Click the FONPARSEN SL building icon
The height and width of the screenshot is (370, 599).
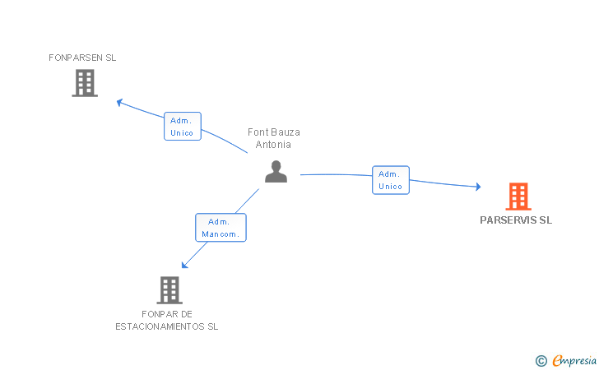[85, 83]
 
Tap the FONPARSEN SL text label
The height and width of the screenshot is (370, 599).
[82, 58]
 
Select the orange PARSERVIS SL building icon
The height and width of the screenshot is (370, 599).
[518, 197]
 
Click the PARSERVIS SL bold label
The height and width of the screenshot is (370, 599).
[516, 220]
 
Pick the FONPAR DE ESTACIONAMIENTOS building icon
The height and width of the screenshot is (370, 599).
[169, 289]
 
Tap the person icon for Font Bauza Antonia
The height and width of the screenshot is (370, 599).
[276, 171]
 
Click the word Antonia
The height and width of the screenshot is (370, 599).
[274, 145]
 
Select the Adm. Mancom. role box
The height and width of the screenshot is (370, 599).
[221, 228]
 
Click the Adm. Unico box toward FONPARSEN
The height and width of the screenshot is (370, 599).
[182, 127]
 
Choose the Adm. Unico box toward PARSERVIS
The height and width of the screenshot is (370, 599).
[391, 180]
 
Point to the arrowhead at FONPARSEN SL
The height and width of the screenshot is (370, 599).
[119, 102]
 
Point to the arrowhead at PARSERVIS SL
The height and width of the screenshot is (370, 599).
[477, 187]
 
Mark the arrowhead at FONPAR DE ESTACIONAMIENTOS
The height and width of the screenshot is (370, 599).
[184, 265]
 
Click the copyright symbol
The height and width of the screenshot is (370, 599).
[541, 360]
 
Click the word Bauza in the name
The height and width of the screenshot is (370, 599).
[286, 132]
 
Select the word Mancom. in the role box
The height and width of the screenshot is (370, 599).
[221, 234]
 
